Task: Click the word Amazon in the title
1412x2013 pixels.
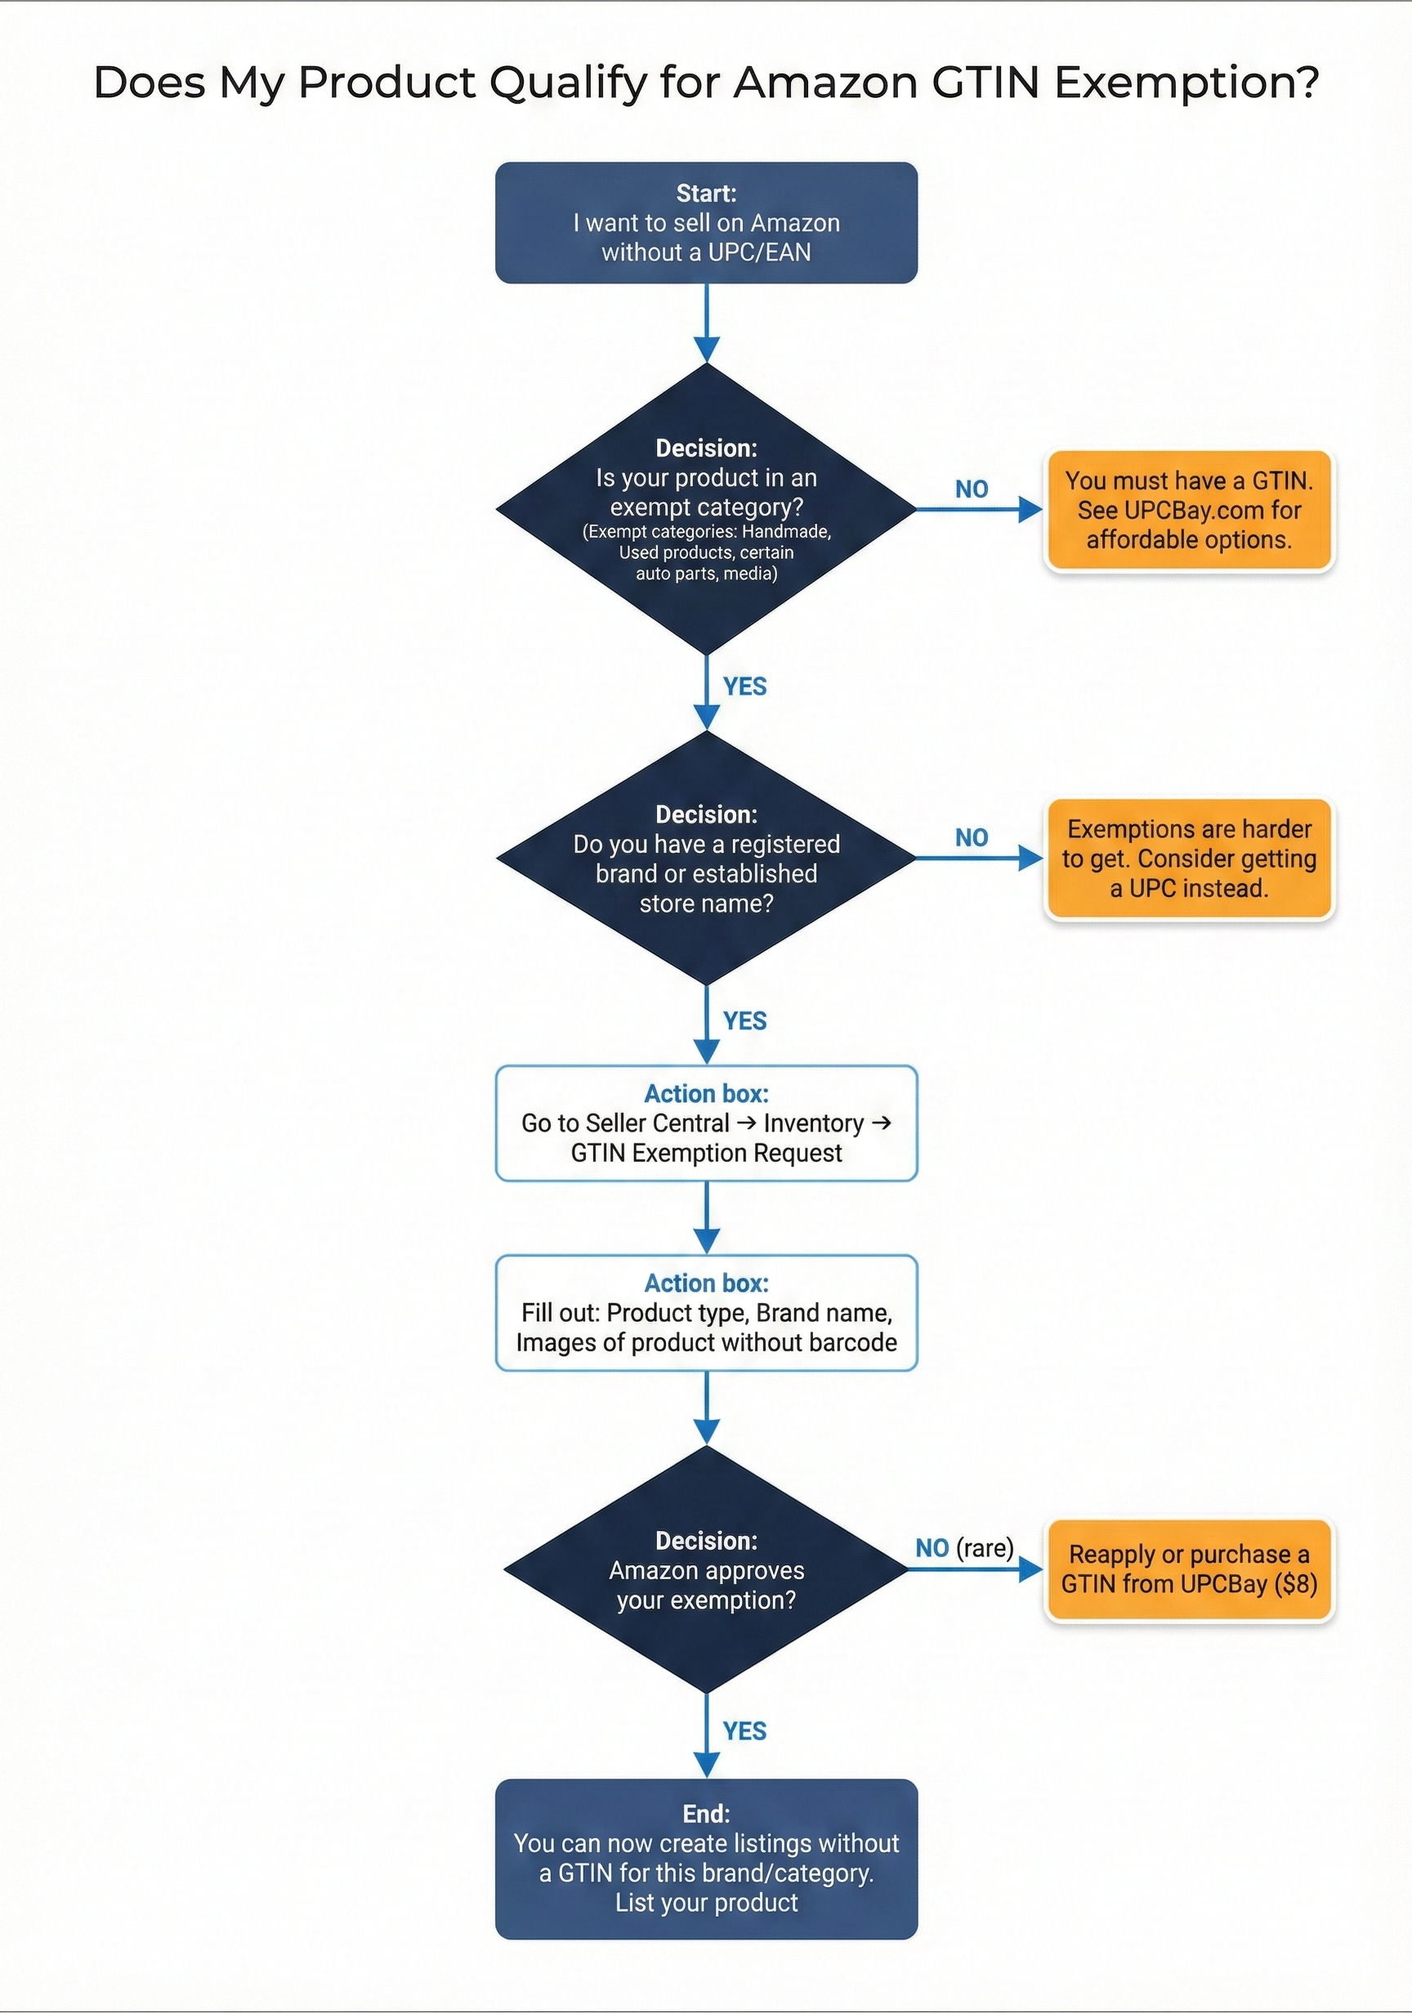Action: pos(824,83)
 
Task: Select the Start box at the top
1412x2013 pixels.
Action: pos(706,223)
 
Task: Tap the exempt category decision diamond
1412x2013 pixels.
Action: pos(706,508)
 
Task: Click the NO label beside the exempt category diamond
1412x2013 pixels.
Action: pos(971,489)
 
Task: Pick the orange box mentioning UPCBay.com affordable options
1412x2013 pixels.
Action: pos(1188,511)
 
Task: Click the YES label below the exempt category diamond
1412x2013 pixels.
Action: pos(744,686)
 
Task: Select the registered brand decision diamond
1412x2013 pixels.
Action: pos(706,858)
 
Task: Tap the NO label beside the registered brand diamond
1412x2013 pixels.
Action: pos(971,837)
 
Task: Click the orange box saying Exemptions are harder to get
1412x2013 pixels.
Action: pos(1188,859)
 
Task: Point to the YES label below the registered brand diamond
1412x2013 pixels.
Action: pos(744,1020)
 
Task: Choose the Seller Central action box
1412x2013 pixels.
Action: pos(706,1123)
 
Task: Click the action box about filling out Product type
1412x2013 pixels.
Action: pos(706,1313)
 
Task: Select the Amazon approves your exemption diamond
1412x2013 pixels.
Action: pos(706,1569)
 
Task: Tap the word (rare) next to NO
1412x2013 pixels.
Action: pos(985,1547)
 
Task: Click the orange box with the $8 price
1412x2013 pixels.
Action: pos(1188,1569)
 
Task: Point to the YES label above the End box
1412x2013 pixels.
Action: pos(744,1730)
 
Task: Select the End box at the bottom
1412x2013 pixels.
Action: pos(706,1858)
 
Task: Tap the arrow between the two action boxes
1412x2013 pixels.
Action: pos(706,1218)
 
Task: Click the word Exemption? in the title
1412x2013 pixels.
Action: pos(1186,83)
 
